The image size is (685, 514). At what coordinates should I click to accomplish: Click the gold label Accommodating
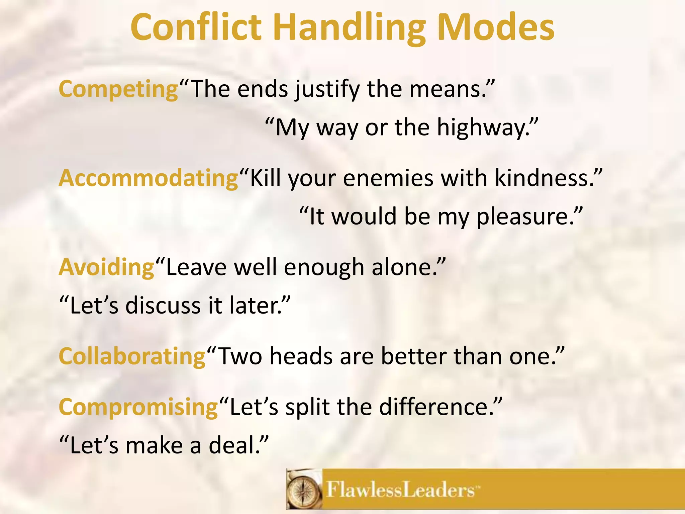click(149, 178)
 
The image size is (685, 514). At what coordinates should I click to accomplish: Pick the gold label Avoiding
click(107, 267)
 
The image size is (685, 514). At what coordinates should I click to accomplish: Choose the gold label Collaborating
click(132, 356)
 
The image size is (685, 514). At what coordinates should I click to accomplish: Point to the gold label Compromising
click(138, 407)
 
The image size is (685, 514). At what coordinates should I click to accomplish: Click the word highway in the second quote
click(482, 128)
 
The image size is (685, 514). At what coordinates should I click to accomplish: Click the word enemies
click(388, 178)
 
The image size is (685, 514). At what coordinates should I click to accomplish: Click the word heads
click(301, 356)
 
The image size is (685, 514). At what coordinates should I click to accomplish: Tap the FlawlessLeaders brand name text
click(400, 490)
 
